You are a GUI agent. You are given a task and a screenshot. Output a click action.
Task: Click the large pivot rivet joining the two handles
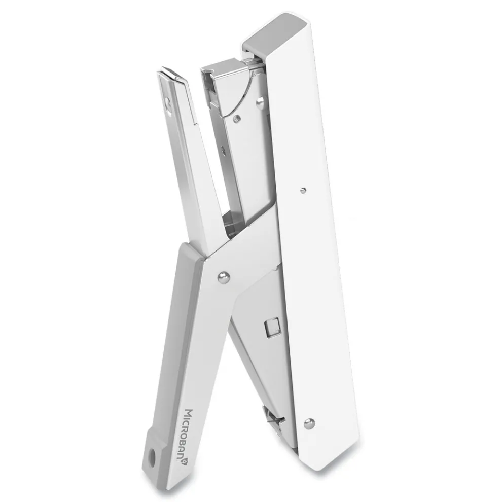click(224, 277)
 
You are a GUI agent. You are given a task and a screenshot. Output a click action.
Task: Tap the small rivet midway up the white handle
click(303, 191)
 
